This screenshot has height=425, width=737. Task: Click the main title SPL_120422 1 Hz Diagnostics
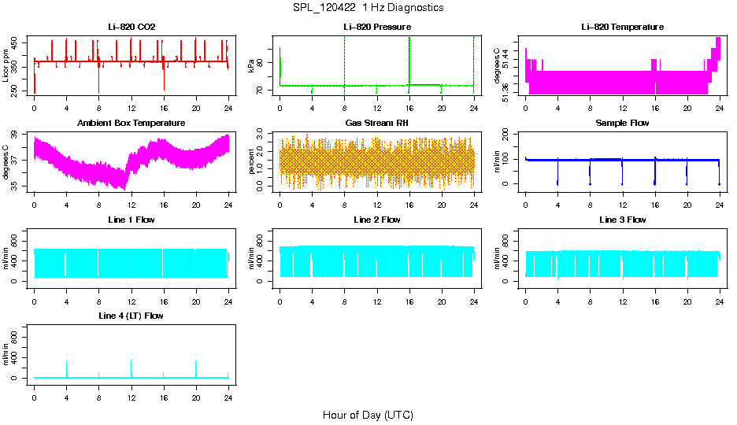coord(368,8)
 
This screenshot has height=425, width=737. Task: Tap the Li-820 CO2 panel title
coord(131,28)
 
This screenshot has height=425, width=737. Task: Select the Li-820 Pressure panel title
coord(376,28)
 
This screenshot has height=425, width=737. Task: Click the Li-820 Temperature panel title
coord(622,28)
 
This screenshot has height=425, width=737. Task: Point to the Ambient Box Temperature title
coord(131,124)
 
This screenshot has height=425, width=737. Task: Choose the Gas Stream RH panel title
coord(376,124)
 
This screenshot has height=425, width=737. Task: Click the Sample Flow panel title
coord(622,124)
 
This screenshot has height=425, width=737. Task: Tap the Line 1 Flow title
coord(131,220)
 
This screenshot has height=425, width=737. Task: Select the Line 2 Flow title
coord(376,220)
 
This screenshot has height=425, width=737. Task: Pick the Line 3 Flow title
coord(622,220)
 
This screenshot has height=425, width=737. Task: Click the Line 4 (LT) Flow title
coord(131,316)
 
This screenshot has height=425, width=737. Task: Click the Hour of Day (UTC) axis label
coord(368,415)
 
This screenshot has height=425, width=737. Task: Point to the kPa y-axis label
coord(251,66)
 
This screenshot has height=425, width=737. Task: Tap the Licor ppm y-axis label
coord(6,66)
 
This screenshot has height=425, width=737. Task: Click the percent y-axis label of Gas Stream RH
coord(251,162)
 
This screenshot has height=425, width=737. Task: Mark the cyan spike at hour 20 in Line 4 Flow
coord(196,368)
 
